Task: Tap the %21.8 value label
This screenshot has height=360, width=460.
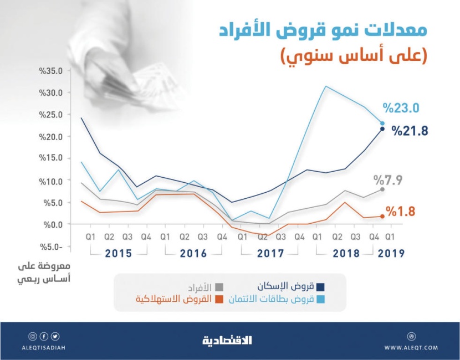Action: pos(411,131)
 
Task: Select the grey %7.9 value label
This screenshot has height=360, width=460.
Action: pos(387,180)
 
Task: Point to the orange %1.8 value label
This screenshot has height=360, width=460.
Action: pos(401,211)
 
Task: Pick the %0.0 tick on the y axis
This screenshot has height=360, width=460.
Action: pos(55,224)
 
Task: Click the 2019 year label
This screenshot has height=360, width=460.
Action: pos(391,254)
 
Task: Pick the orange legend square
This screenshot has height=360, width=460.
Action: pos(219,300)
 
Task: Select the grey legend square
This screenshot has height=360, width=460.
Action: pos(219,287)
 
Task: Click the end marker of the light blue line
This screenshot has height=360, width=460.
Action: pos(382,124)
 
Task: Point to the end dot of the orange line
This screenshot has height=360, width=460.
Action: pos(382,217)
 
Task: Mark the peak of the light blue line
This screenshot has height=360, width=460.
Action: pos(326,86)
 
